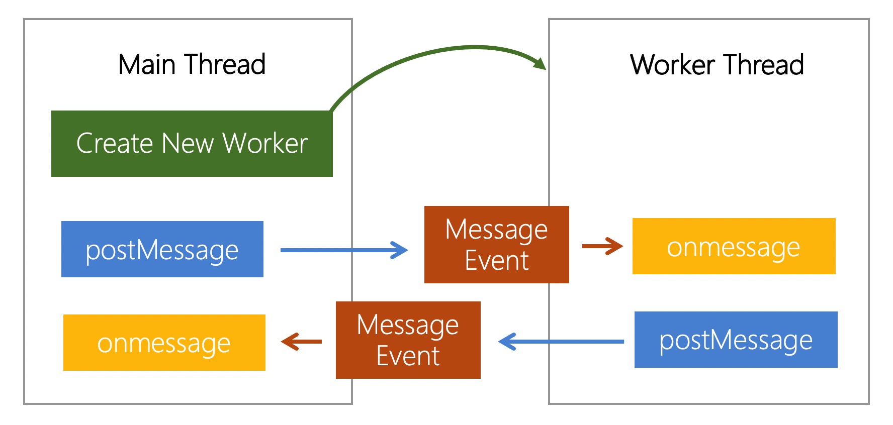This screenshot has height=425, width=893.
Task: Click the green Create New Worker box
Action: tap(192, 144)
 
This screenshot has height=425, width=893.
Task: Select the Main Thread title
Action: tap(192, 64)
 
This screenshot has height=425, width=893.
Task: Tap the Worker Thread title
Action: tap(717, 65)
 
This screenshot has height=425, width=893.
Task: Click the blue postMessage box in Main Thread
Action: tap(162, 249)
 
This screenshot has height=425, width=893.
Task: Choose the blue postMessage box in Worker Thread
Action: tap(736, 340)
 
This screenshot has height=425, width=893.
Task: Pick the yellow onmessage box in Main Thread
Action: tap(164, 343)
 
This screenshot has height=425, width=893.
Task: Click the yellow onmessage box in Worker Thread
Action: tap(734, 246)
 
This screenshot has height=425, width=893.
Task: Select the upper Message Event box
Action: tap(497, 245)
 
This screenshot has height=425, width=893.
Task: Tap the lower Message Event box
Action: tap(408, 340)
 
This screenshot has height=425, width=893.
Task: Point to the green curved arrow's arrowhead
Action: tap(540, 63)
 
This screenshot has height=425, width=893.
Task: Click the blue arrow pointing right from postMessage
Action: tap(344, 250)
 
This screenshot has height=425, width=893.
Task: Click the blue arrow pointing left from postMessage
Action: tap(561, 342)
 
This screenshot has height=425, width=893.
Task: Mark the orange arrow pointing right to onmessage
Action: tap(602, 246)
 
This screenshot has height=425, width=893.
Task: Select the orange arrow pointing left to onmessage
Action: tap(301, 342)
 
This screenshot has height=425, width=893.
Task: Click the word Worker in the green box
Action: tap(265, 143)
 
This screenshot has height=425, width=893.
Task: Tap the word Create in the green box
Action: tap(115, 143)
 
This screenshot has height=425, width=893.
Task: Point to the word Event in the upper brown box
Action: tap(497, 260)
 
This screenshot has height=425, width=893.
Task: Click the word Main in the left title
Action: tap(147, 64)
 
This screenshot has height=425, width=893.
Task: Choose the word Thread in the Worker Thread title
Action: tap(764, 65)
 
